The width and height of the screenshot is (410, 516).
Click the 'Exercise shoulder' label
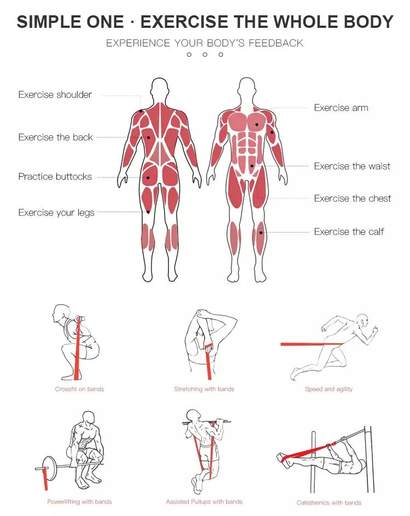pyautogui.click(x=55, y=95)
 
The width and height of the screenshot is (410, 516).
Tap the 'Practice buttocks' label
pyautogui.click(x=55, y=177)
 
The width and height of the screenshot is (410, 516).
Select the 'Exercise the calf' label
pyautogui.click(x=349, y=232)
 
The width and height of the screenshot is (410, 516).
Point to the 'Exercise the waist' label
pyautogui.click(x=352, y=166)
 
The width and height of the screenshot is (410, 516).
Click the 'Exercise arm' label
pyautogui.click(x=341, y=108)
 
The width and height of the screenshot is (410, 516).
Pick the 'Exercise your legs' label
pyautogui.click(x=56, y=213)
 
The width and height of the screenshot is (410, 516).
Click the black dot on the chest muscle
pyautogui.click(x=257, y=124)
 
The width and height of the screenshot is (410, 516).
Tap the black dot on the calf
pyautogui.click(x=261, y=233)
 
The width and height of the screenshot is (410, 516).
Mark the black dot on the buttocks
pyautogui.click(x=148, y=177)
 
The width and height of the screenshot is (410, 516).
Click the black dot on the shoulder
pyautogui.click(x=140, y=111)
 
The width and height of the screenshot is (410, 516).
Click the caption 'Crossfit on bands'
pyautogui.click(x=79, y=389)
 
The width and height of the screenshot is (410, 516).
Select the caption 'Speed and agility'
pyautogui.click(x=329, y=389)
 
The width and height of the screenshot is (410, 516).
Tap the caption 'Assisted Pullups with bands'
pyautogui.click(x=204, y=502)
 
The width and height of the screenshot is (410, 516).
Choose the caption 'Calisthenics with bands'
pyautogui.click(x=329, y=503)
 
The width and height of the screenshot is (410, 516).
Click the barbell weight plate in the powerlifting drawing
pyautogui.click(x=50, y=468)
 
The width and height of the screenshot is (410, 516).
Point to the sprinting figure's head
pyautogui.click(x=363, y=320)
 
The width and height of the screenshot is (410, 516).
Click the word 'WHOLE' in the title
pyautogui.click(x=306, y=22)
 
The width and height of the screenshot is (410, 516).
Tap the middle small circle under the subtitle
pyautogui.click(x=205, y=55)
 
